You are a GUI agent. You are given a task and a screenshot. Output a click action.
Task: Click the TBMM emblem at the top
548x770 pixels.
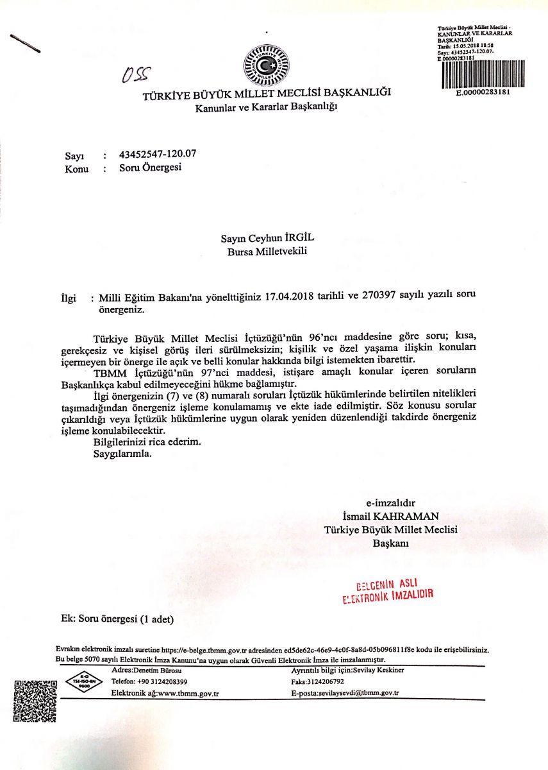[x=266, y=65]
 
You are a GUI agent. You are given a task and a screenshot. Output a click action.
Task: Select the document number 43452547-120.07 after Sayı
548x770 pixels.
[x=158, y=154]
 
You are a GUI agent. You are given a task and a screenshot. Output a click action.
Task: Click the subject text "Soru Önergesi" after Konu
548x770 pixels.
[x=151, y=168]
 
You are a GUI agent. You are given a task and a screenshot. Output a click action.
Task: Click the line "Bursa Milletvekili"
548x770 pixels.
[x=267, y=252]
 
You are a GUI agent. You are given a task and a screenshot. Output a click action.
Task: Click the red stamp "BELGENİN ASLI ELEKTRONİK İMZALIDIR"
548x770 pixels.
[x=388, y=590]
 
